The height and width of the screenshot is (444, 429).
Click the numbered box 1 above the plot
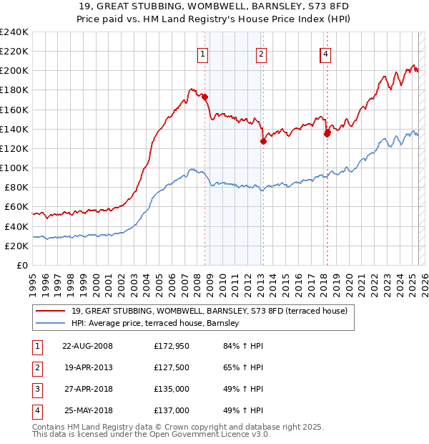pos(203,53)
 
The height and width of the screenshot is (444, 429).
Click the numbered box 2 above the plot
pos(262,53)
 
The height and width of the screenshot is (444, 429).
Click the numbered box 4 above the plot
pos(325,53)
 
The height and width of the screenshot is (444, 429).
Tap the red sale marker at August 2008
pos(204,97)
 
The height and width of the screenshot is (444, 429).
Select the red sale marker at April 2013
pos(263,141)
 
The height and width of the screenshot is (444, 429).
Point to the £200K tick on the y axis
pos(14,71)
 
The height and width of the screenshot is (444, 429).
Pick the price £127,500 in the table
pos(172,368)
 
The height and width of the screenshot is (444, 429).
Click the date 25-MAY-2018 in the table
pos(87,410)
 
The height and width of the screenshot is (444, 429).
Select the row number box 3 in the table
pos(36,390)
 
